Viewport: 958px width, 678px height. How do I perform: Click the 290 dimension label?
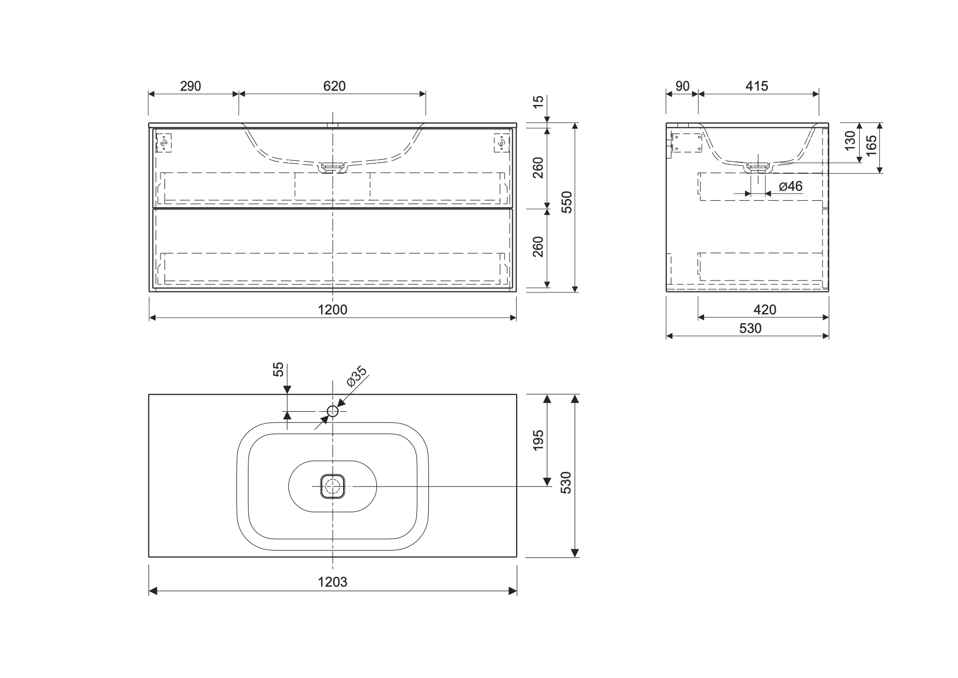tap(190, 86)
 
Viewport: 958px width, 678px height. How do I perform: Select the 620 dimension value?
tap(334, 86)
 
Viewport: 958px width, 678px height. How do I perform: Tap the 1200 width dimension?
tap(333, 310)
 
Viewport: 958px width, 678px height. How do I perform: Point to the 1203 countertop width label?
tap(333, 582)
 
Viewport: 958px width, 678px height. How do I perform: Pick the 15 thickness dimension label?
tap(538, 102)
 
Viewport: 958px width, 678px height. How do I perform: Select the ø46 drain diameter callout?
tap(790, 186)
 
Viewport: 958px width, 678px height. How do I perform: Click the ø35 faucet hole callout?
tap(357, 377)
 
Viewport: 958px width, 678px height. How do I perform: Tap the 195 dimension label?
tap(538, 440)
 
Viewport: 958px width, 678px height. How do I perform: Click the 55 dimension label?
tap(279, 370)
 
